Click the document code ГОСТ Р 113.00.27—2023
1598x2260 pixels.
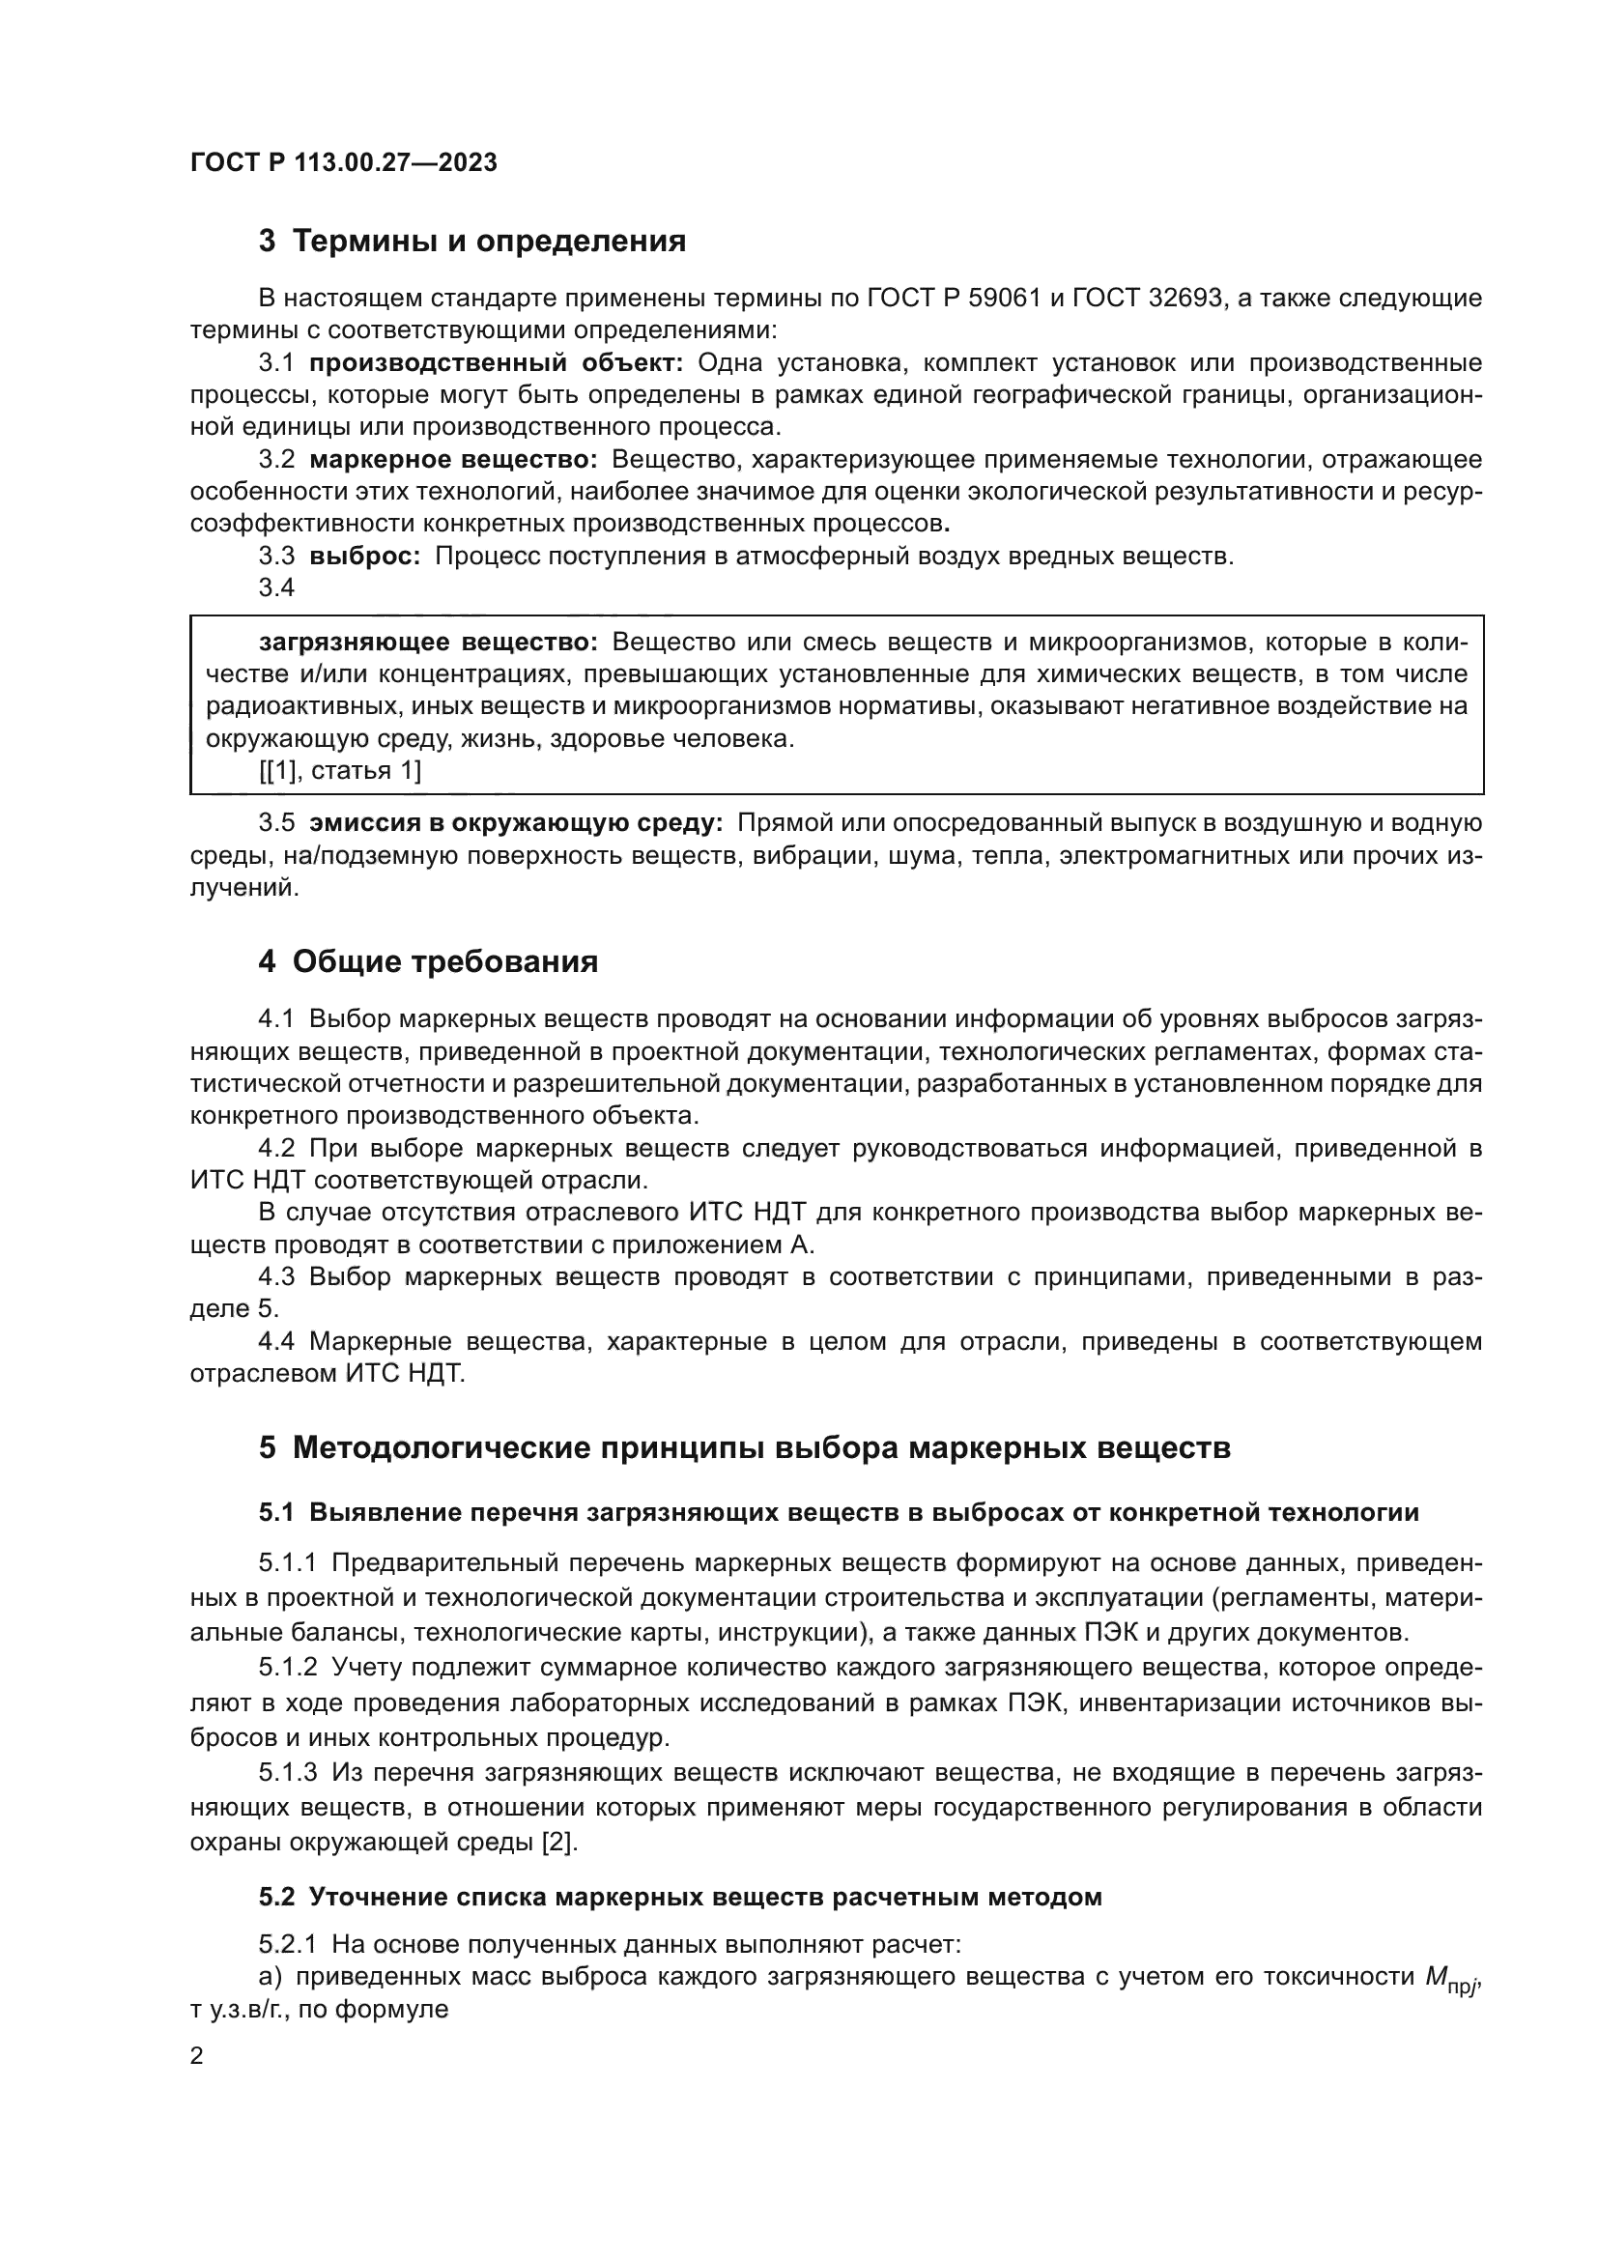point(343,162)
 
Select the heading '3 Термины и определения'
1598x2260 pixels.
point(472,242)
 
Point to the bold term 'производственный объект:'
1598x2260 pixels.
point(496,363)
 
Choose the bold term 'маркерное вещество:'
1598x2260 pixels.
point(454,460)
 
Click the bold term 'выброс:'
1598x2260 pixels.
point(365,557)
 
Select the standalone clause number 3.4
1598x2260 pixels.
point(276,587)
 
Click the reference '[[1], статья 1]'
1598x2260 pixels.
point(339,771)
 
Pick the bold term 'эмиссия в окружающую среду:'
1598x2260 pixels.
point(517,823)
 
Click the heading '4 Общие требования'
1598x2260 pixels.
point(428,961)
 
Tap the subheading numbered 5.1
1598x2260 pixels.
point(839,1513)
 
